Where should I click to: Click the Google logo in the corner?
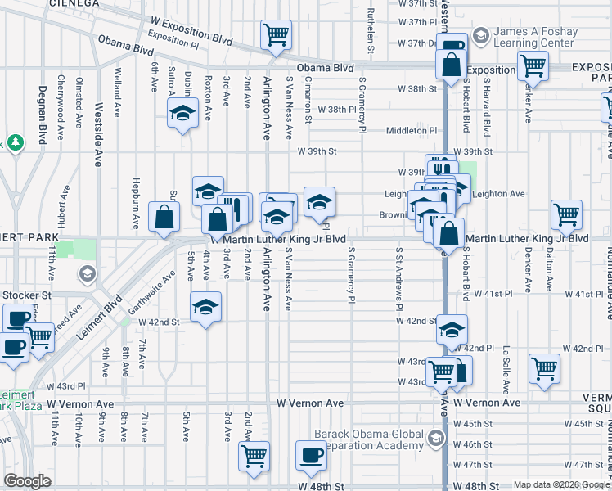point(27,481)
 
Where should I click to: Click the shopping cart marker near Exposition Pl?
point(276,35)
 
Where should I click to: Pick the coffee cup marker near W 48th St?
point(310,456)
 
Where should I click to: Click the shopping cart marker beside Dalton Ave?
point(566,214)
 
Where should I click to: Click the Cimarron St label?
point(308,96)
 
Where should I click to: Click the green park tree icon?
point(15,142)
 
